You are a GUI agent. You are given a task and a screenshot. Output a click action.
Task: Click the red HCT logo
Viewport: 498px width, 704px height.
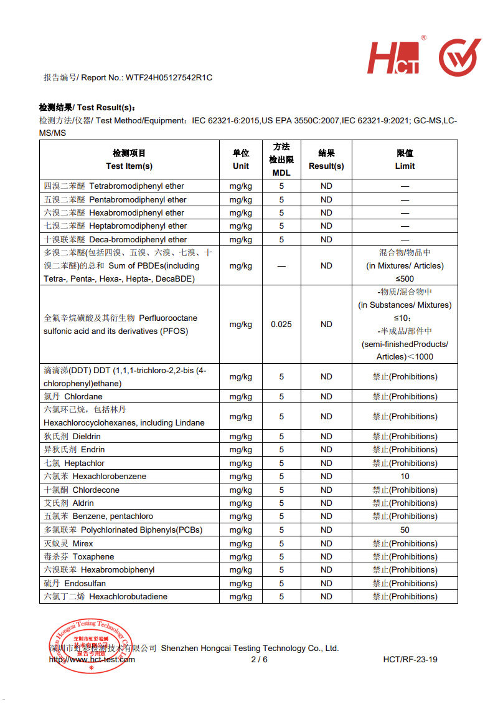[394, 58]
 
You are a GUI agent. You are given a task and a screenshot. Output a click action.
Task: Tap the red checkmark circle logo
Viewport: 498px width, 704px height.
[459, 57]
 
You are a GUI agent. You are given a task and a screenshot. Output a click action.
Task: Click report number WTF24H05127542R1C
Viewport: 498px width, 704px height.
[169, 78]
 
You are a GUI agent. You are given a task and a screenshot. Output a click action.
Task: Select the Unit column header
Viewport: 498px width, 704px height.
[241, 159]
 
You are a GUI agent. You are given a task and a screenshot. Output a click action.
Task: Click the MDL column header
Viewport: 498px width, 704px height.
[281, 159]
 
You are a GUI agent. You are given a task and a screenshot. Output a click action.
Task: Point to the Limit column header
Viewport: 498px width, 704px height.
[405, 159]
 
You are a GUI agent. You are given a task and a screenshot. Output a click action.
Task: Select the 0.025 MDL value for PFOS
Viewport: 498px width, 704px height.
[281, 325]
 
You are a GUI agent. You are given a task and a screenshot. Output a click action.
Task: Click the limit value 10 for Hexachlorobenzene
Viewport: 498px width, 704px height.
[405, 477]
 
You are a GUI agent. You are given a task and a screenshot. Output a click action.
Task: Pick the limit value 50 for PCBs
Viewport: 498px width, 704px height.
[405, 530]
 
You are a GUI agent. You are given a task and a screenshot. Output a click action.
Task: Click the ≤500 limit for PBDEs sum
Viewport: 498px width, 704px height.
[405, 279]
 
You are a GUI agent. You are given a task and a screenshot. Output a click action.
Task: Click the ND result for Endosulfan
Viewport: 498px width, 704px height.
[326, 584]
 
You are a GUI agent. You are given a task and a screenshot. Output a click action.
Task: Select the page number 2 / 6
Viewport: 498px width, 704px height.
[259, 660]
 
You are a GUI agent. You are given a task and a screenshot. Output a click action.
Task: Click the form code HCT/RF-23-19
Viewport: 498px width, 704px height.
[410, 660]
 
